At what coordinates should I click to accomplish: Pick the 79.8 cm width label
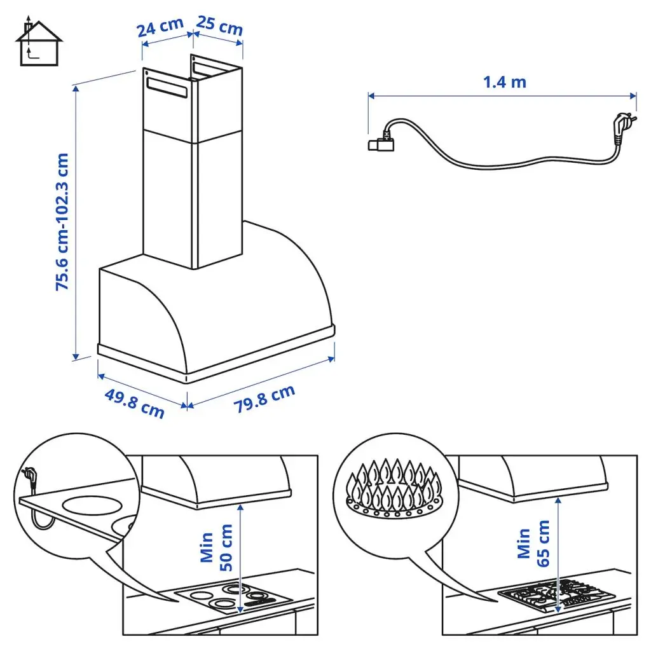[x=265, y=399]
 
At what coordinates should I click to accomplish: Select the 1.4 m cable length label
[x=505, y=82]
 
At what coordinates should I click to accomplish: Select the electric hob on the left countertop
[x=233, y=598]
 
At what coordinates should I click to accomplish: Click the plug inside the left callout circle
[x=29, y=477]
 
